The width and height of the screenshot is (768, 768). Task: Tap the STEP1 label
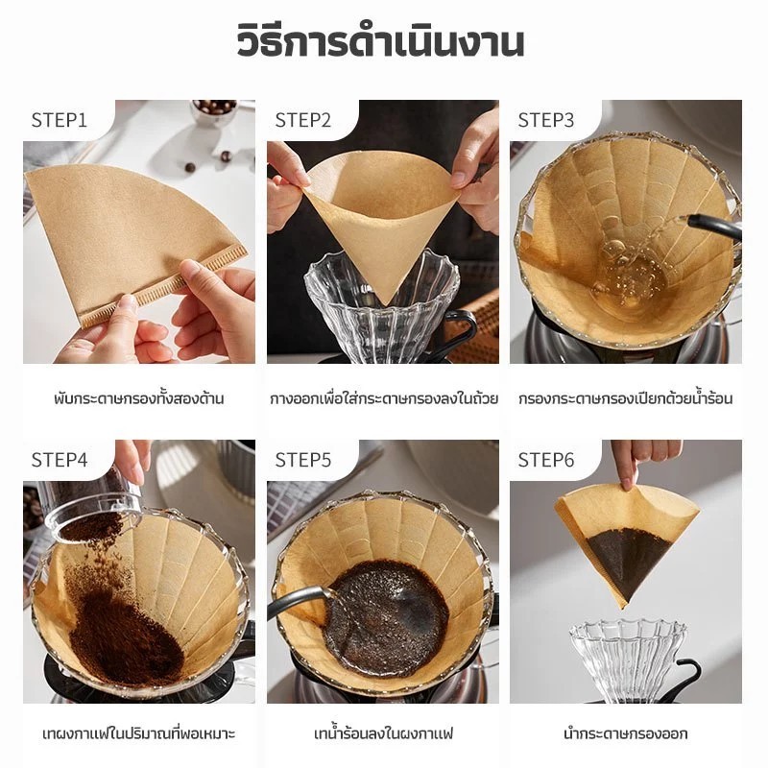point(60,121)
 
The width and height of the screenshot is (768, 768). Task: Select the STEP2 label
point(303,121)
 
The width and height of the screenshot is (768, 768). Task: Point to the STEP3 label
point(546,121)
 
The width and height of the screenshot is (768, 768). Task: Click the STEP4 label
point(60,461)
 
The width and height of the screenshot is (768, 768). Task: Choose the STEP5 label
point(303,461)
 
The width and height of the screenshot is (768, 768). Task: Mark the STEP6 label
point(546,461)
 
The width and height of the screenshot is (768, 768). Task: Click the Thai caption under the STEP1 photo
point(139,397)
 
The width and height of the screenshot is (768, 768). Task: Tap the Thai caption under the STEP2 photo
point(384,397)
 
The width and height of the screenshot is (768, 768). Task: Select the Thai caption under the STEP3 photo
point(626,397)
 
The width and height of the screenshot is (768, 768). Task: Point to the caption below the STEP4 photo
point(139,733)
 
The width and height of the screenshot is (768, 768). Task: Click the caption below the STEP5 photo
point(383,733)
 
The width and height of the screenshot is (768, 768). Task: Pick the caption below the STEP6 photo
point(626,733)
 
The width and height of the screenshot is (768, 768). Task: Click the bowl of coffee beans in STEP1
point(213,111)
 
